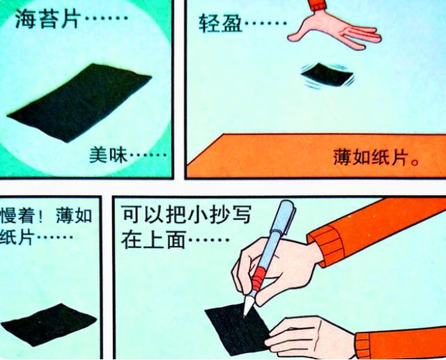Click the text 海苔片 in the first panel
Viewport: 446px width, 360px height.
coord(46,19)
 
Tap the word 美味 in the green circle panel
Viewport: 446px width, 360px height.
coord(105,155)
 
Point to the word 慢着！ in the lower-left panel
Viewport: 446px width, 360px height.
coord(25,216)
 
